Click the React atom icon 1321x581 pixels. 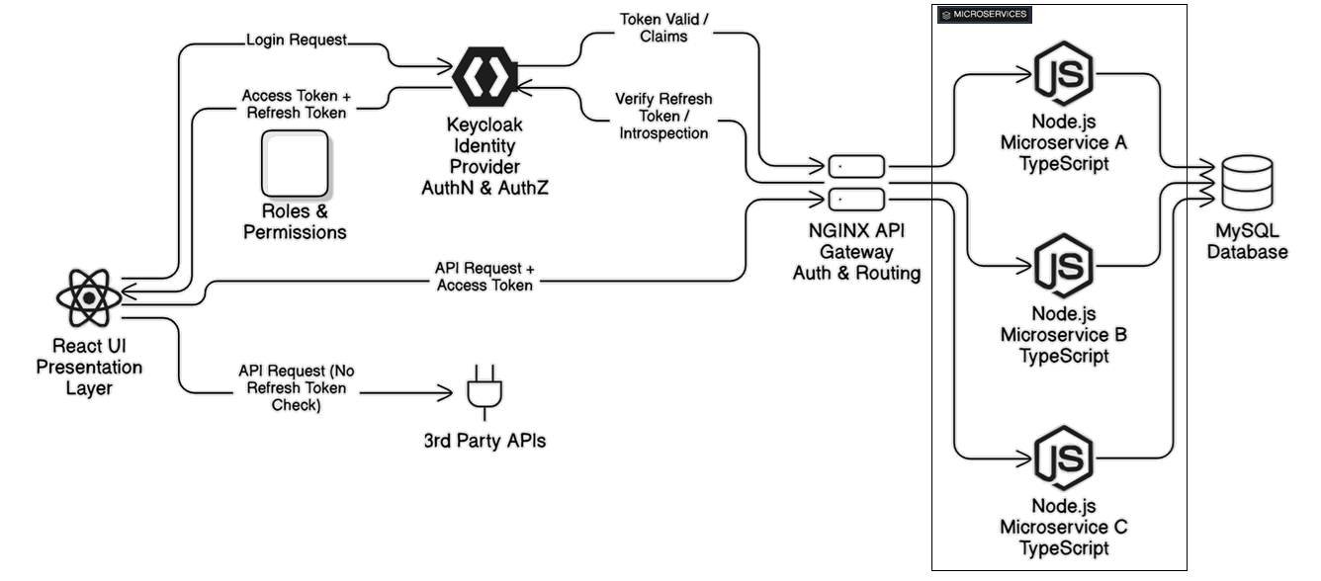89,297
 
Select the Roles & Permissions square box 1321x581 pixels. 295,164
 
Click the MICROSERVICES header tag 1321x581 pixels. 985,15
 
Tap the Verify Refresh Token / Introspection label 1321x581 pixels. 663,117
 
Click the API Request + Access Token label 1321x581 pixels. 484,277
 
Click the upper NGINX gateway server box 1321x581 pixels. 856,167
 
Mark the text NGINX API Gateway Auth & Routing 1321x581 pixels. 856,252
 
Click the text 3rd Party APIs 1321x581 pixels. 484,441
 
